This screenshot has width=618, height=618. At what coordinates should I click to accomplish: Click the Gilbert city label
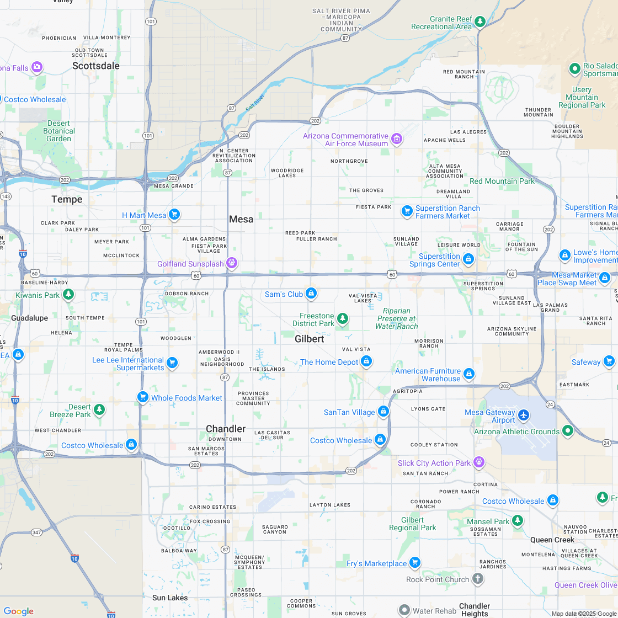coord(309,339)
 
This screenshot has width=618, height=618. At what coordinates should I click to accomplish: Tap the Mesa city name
coord(241,219)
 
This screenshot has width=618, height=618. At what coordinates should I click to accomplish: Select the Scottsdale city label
coord(96,66)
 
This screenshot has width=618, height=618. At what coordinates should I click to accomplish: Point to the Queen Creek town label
coord(552,540)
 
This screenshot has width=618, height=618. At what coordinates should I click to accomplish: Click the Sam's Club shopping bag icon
coord(311,293)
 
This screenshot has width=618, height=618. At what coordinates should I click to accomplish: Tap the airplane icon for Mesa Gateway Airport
coord(523,415)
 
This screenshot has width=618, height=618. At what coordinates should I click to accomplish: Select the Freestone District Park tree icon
coord(343,318)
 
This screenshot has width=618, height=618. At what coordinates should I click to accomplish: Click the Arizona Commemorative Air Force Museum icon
coord(396,138)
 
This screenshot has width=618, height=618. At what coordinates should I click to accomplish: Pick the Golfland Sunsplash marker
coord(232,263)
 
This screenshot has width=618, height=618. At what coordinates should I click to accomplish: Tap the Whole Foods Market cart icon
coord(142,397)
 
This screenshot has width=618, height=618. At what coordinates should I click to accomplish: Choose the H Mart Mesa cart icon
coord(174,214)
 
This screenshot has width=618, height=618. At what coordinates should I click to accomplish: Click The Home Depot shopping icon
coord(366,361)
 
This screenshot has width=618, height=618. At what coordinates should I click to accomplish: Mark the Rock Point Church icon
coord(478,579)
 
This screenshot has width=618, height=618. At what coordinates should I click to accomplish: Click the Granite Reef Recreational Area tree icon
coord(481,22)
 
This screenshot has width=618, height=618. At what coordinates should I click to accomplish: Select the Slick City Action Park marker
coord(479,462)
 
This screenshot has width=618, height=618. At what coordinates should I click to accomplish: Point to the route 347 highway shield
coord(36,532)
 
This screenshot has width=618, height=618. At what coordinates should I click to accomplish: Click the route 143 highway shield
coord(6,196)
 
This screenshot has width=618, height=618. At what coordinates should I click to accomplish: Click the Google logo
coord(18,611)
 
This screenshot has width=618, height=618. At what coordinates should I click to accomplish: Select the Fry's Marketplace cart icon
coord(415,563)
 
